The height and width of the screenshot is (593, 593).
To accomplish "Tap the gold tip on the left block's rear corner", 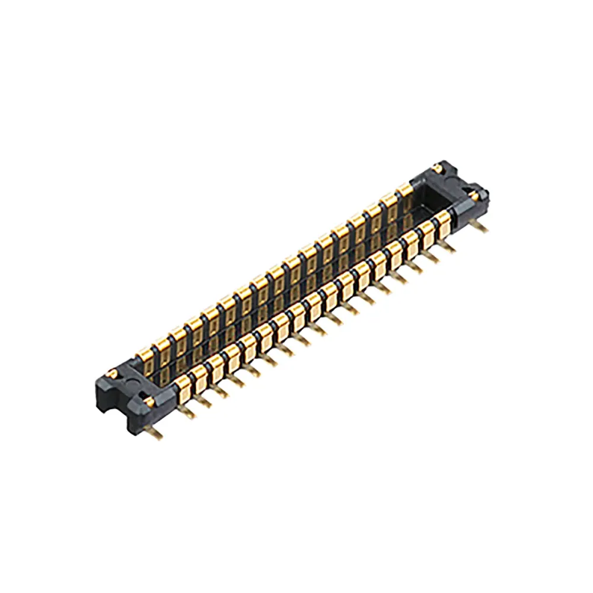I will point(111,372).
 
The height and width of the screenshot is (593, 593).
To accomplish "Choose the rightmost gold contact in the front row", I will point(443,223).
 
